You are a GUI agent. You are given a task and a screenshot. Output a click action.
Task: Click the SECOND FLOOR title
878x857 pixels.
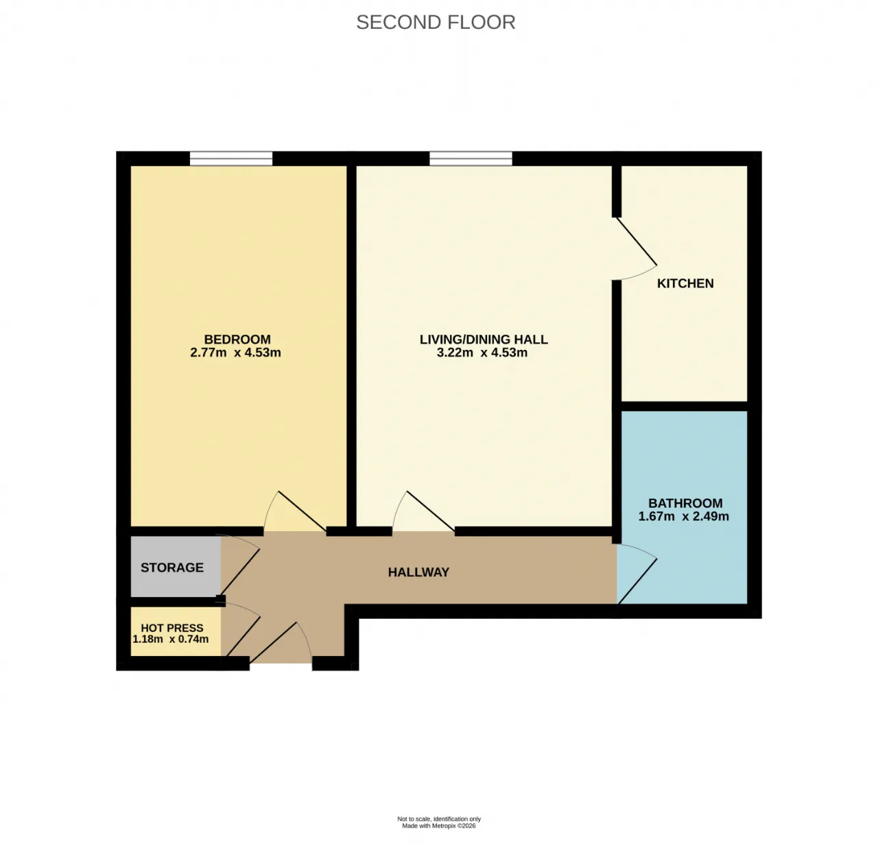tap(436, 23)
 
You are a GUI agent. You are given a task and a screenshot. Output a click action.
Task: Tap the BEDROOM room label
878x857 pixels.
tap(237, 340)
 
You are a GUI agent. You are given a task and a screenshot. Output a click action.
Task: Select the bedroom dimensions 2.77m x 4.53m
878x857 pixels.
tap(235, 353)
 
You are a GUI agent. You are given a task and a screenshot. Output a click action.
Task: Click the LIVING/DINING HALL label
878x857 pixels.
tap(484, 340)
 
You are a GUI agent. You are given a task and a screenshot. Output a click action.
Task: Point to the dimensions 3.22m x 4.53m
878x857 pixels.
tap(482, 353)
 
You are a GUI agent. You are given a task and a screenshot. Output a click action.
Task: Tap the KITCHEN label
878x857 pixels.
tap(685, 283)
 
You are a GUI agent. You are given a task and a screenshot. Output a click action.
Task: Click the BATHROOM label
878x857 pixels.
tap(685, 503)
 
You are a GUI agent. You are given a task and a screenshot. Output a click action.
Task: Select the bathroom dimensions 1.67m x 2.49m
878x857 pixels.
tap(684, 516)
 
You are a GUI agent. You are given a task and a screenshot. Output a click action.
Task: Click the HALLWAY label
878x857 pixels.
tap(418, 572)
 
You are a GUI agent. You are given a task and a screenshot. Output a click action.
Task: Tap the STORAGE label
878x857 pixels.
tap(172, 567)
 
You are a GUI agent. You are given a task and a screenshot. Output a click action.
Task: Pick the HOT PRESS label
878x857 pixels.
tap(172, 628)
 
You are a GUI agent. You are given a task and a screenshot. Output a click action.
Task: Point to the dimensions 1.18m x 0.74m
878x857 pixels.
tap(171, 639)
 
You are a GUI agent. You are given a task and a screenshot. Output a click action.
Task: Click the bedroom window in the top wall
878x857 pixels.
tap(231, 159)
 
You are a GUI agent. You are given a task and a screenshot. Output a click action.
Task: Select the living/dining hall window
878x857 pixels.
tap(471, 159)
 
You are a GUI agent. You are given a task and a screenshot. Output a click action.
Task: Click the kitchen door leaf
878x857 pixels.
tap(636, 241)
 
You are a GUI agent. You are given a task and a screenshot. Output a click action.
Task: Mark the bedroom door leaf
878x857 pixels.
tap(302, 511)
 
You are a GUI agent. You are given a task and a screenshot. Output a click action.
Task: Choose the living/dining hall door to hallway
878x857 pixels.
tap(431, 511)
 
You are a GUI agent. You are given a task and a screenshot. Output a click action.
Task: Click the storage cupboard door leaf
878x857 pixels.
tap(240, 572)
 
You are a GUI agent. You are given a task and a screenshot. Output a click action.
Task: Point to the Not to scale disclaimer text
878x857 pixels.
tap(438, 819)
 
